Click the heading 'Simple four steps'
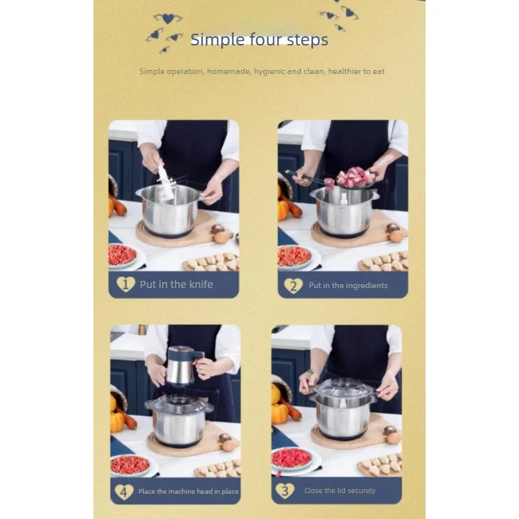click(259, 40)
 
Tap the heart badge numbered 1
click(126, 284)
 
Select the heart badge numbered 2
click(293, 285)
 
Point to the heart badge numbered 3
click(285, 490)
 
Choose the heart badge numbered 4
click(124, 492)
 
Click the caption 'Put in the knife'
click(176, 284)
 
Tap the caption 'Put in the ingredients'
click(348, 285)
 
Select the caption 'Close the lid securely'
click(339, 490)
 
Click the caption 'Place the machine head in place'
click(188, 492)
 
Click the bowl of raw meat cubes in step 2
click(356, 177)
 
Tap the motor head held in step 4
click(183, 366)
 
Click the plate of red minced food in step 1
click(123, 256)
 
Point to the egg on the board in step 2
click(396, 236)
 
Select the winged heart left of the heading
click(168, 19)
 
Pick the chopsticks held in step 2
click(306, 177)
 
